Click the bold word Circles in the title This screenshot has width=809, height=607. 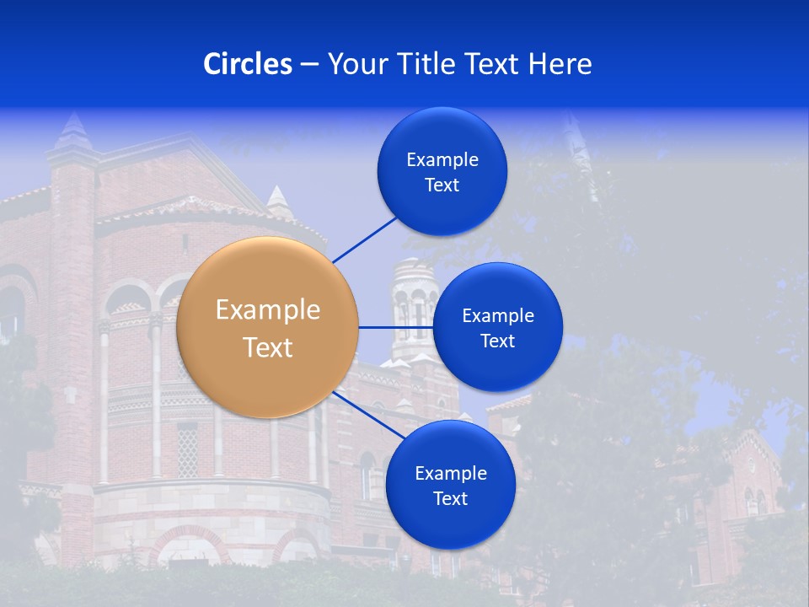248,64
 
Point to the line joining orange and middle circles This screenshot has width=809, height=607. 396,327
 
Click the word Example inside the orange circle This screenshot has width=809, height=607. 268,310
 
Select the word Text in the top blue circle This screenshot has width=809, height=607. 442,185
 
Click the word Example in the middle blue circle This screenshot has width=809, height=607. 498,316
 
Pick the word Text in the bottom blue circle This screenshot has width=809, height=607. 450,498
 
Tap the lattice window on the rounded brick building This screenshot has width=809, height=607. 187,447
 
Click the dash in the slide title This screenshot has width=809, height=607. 309,64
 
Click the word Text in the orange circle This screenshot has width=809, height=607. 268,347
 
